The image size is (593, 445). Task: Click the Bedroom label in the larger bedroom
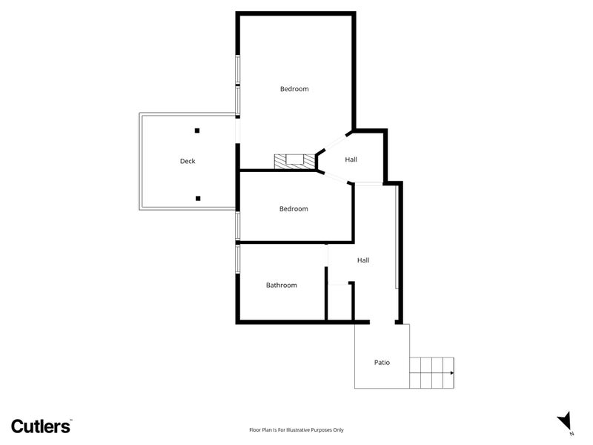(294, 89)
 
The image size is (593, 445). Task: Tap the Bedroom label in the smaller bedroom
(294, 209)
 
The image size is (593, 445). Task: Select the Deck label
(188, 161)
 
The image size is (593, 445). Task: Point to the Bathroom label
(282, 286)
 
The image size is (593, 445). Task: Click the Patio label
(382, 363)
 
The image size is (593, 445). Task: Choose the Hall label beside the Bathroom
(363, 260)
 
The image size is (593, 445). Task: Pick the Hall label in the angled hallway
(351, 159)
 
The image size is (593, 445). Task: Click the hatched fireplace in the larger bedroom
(294, 161)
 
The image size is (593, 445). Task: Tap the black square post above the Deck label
(197, 131)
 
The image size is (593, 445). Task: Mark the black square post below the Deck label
(198, 198)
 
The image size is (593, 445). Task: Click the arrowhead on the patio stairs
(452, 373)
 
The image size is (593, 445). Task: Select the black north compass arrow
(564, 421)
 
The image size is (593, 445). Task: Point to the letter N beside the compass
(572, 434)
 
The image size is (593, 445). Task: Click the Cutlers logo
(41, 426)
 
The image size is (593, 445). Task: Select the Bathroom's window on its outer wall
(237, 259)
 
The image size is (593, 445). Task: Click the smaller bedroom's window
(237, 225)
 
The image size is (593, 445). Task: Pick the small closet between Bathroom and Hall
(339, 302)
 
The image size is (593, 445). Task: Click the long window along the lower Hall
(397, 237)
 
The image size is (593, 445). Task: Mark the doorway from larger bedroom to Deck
(237, 130)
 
